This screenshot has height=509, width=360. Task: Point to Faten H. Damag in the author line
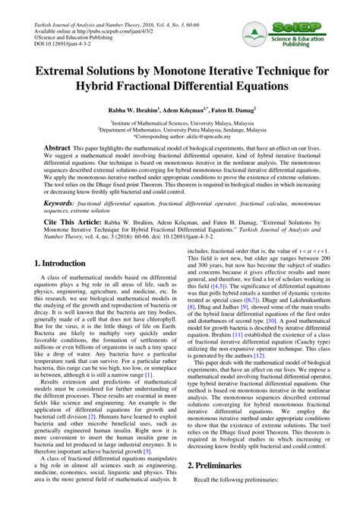click(233, 109)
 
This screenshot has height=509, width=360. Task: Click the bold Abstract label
click(58, 147)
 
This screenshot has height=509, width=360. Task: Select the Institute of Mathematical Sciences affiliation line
click(179, 122)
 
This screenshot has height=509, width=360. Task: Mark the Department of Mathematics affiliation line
click(180, 129)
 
